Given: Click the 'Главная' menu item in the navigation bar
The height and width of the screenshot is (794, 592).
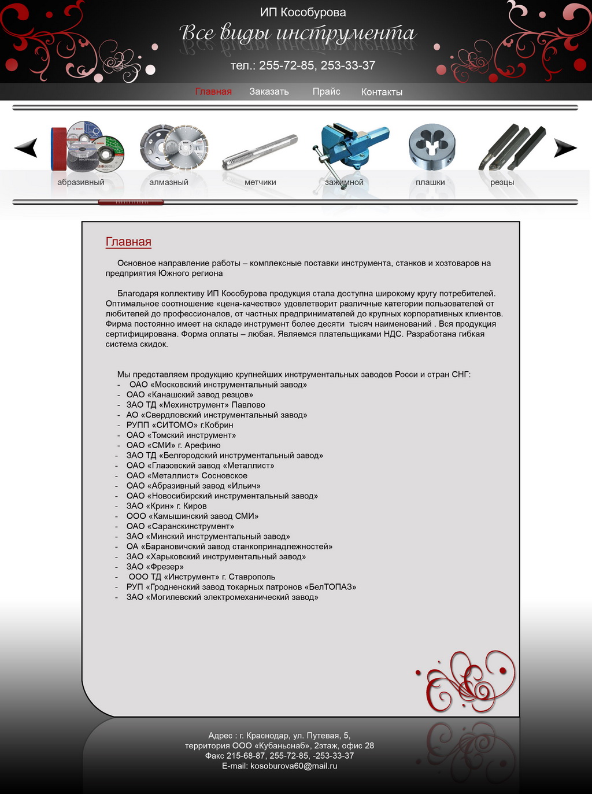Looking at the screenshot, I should click(213, 92).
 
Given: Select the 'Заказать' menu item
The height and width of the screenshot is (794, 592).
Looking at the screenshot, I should click(269, 92).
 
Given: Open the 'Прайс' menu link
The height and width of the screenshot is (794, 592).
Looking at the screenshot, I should click(326, 92).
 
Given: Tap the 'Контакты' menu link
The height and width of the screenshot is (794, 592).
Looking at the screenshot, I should click(382, 93).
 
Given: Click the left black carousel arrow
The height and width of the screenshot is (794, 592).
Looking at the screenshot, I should click(26, 148).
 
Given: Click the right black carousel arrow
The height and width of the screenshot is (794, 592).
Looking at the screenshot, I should click(565, 148).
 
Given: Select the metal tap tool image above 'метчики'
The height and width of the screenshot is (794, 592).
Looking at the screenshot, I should click(260, 152).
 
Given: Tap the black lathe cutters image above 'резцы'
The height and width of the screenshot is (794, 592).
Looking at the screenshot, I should click(512, 147).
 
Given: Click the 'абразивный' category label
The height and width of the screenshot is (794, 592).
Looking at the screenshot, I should click(81, 183).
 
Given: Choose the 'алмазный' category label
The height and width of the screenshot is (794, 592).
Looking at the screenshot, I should click(169, 183).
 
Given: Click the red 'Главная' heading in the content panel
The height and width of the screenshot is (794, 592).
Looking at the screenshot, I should click(128, 242).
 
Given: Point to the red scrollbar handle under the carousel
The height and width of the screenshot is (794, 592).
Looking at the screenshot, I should click(131, 202).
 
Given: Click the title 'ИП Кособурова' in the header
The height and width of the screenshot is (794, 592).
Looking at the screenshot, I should click(303, 13).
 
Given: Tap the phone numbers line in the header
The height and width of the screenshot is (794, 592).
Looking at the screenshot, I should click(303, 66).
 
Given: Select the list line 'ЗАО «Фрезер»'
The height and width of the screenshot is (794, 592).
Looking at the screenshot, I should click(155, 567).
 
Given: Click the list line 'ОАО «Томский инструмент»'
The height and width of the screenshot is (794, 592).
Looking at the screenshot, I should click(181, 435).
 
